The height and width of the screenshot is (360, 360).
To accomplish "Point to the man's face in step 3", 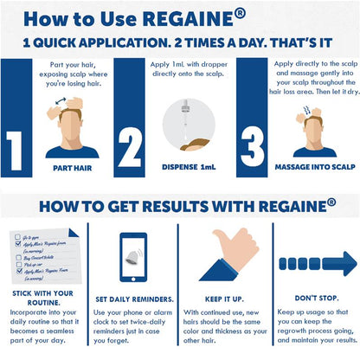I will [x=314, y=134].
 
